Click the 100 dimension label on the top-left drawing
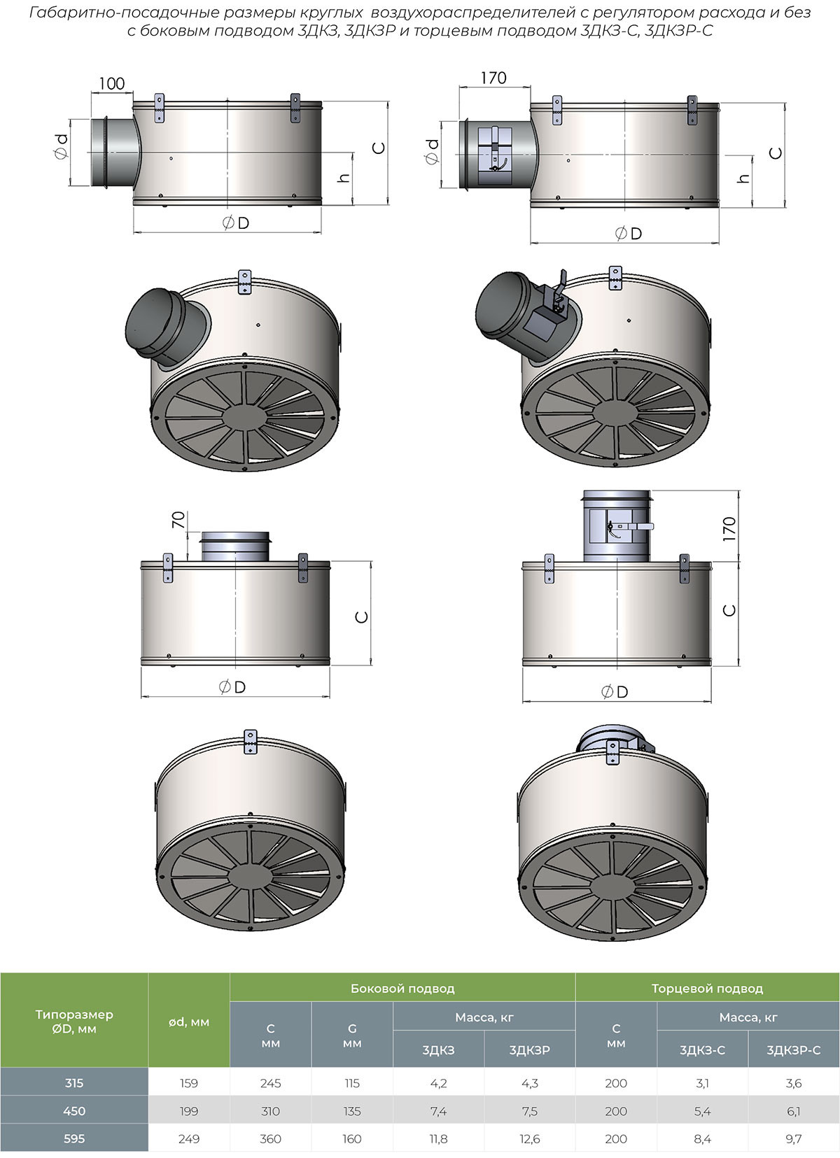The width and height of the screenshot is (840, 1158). pyautogui.click(x=112, y=83)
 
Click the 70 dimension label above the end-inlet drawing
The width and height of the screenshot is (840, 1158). pyautogui.click(x=177, y=520)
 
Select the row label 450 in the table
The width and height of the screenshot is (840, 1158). pyautogui.click(x=74, y=1111)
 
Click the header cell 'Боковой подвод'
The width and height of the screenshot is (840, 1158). pyautogui.click(x=402, y=989)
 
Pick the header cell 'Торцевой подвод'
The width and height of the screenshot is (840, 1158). pyautogui.click(x=707, y=989)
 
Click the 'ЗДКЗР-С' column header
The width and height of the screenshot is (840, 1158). pyautogui.click(x=793, y=1050)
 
